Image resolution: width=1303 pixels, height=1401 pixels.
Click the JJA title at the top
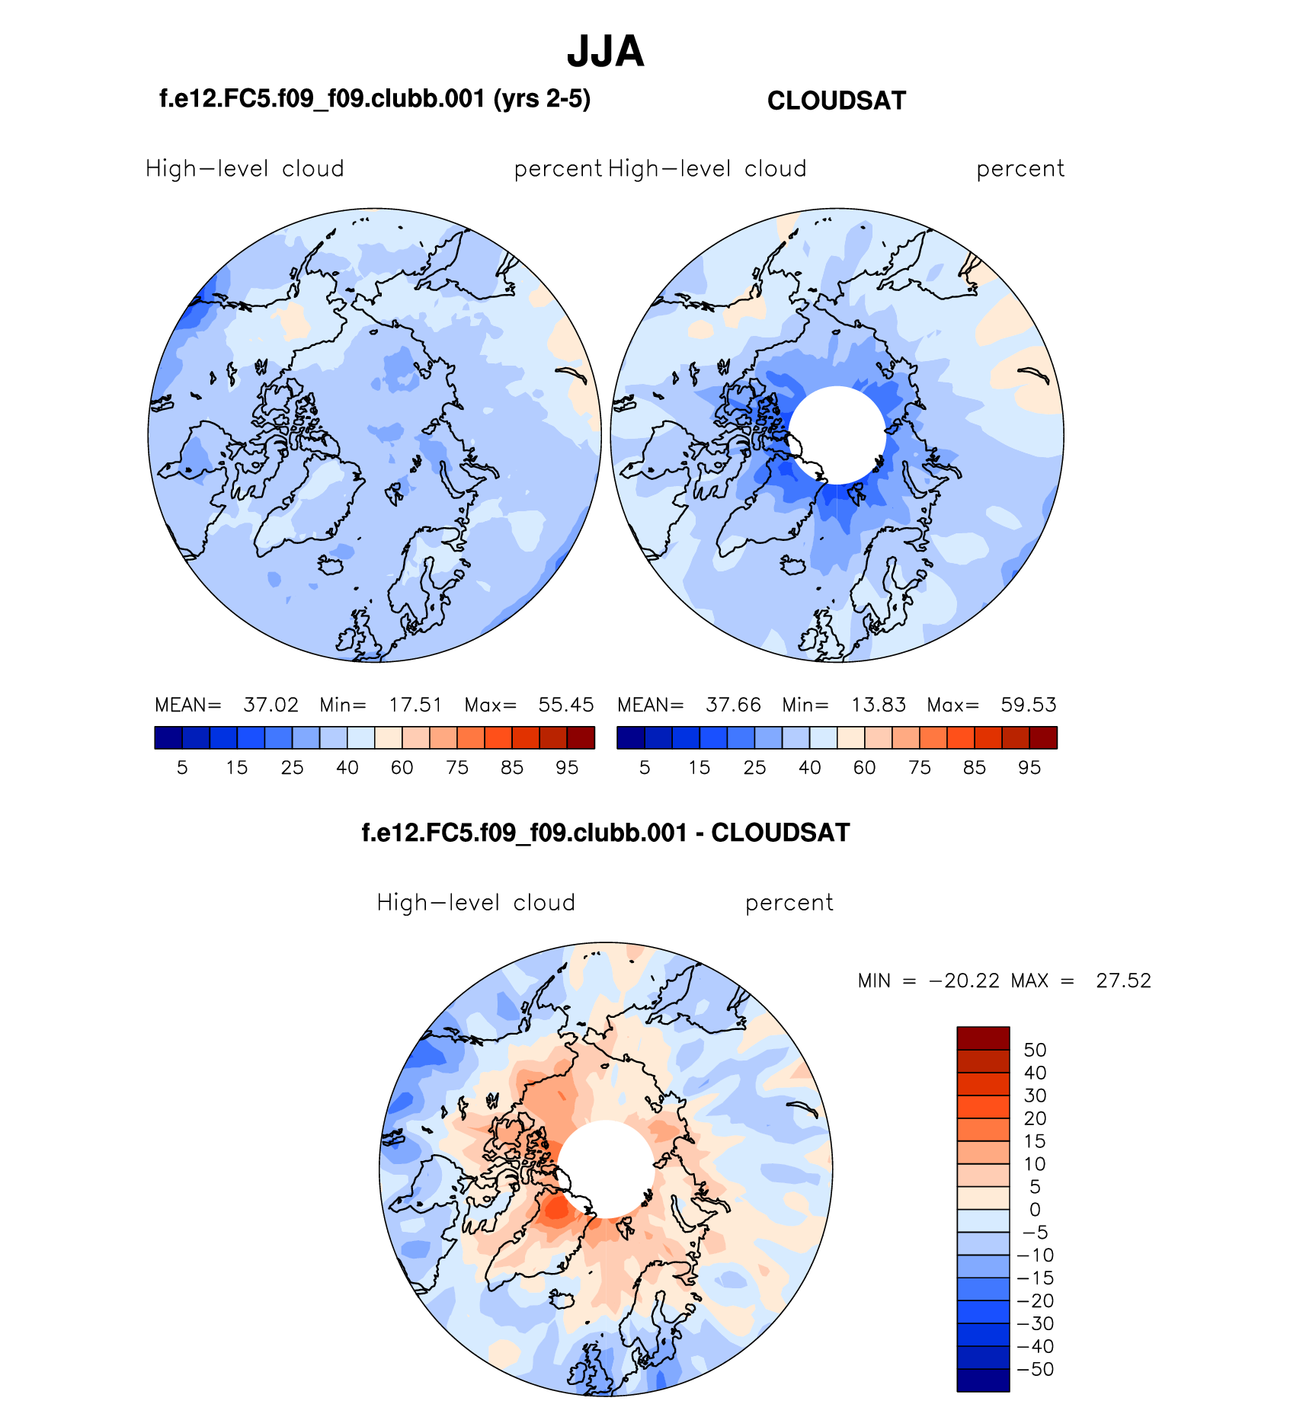(x=605, y=52)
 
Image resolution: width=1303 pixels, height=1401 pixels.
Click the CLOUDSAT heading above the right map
(x=836, y=101)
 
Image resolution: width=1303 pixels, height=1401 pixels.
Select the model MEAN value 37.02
(x=271, y=705)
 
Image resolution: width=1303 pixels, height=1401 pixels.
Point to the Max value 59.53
(x=1028, y=705)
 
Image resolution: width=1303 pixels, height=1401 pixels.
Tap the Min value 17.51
(x=415, y=705)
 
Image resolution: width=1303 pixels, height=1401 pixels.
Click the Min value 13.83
(x=878, y=705)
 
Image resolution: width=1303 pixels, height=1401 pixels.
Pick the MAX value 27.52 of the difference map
(x=1123, y=980)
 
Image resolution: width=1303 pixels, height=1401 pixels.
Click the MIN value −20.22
(x=964, y=980)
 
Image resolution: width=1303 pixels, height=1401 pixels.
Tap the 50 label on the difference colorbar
(x=1035, y=1050)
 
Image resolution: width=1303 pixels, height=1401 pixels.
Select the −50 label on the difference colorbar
(x=1035, y=1369)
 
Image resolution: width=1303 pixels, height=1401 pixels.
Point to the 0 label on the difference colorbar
(x=1035, y=1209)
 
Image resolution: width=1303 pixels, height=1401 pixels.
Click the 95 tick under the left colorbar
(x=567, y=768)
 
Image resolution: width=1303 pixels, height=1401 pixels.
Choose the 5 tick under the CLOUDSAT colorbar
(x=645, y=768)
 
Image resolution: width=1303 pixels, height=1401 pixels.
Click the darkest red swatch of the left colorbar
(x=581, y=737)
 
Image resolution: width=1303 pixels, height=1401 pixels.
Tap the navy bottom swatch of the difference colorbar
(x=983, y=1380)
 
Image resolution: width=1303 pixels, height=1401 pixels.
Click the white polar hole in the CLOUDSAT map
(x=837, y=435)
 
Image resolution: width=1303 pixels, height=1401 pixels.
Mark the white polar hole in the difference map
(x=606, y=1169)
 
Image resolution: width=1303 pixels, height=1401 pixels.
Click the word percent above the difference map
(x=789, y=903)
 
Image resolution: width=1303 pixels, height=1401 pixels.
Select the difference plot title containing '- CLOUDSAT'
(x=605, y=833)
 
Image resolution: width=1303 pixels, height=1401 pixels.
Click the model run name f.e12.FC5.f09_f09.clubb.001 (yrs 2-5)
(x=375, y=99)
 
